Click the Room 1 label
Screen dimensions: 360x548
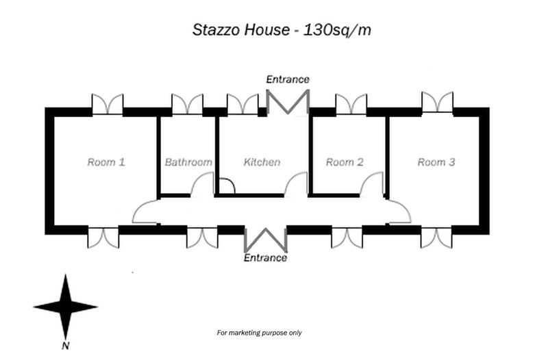[105, 162]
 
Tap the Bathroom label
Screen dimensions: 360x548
[188, 162]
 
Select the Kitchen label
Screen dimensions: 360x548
[262, 162]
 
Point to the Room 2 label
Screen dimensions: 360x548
[345, 162]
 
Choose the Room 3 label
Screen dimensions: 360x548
[436, 162]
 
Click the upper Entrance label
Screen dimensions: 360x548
[288, 79]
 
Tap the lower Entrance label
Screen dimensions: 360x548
[266, 258]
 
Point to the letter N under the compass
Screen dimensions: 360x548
[64, 344]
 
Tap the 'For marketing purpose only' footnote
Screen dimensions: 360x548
[259, 333]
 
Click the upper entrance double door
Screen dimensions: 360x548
[288, 102]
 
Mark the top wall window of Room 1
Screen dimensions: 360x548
[108, 104]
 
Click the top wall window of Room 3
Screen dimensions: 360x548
[437, 102]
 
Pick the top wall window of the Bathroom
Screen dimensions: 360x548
[187, 104]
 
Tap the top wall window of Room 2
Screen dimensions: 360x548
[351, 104]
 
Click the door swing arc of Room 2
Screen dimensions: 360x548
[373, 184]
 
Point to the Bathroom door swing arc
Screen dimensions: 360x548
[203, 185]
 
